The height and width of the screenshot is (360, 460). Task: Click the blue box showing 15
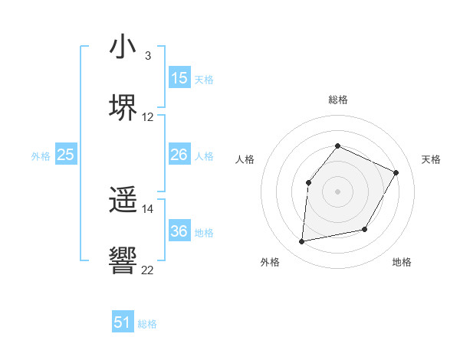coord(179,78)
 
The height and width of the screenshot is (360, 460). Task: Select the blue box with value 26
coord(179,155)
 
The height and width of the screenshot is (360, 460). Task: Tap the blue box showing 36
coord(179,231)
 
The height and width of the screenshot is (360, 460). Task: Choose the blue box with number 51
coord(123,322)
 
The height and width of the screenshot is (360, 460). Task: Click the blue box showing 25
coord(66,155)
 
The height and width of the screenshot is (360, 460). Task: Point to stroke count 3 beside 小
coord(147,56)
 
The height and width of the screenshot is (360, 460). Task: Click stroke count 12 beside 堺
coord(148,117)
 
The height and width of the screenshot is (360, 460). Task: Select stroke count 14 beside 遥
coord(148,208)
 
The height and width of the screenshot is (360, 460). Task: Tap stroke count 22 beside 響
coord(148,270)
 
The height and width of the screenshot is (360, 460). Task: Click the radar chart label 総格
coord(337,100)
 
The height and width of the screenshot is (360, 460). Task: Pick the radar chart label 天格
coord(431,159)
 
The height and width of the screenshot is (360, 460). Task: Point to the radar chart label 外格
coord(270,263)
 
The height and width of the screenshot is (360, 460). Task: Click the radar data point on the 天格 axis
coord(396,172)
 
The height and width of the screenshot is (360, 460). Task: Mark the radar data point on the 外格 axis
coord(302,242)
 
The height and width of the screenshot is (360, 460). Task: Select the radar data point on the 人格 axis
coord(308,182)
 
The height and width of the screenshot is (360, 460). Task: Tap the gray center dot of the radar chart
coord(337,191)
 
